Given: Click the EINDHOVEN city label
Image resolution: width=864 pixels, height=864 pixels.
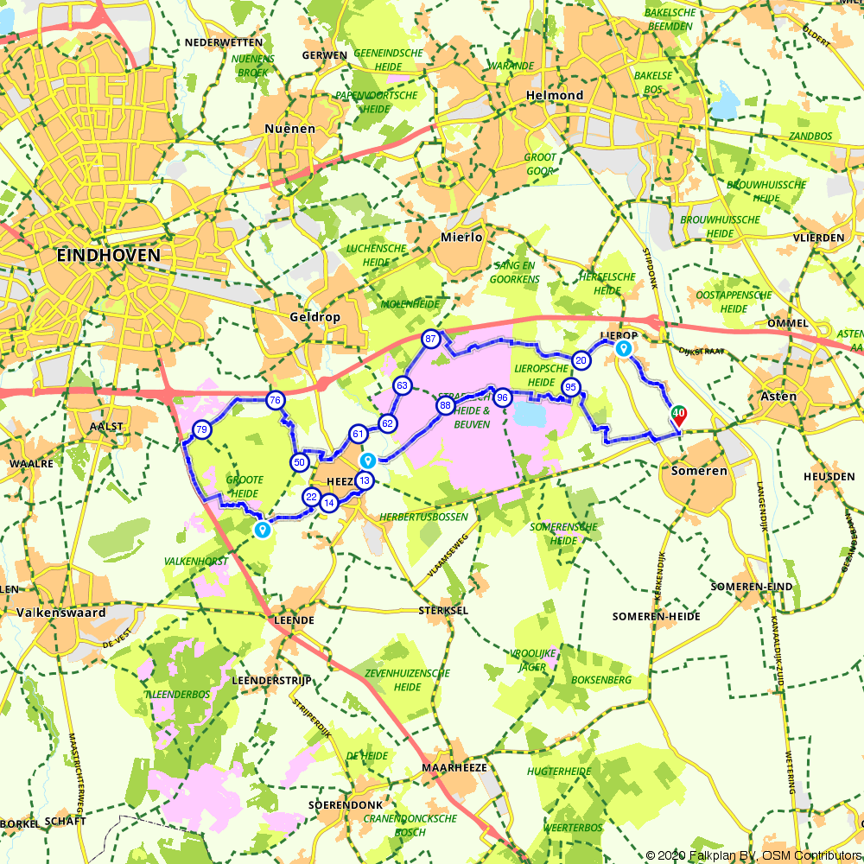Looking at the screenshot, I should click(x=108, y=256).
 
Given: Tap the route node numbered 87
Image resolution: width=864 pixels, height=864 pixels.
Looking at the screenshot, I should click(x=430, y=340).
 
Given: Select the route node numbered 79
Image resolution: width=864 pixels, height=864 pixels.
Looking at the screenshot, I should click(x=201, y=430).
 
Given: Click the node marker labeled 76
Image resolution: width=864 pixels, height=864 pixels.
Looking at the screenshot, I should click(x=275, y=400).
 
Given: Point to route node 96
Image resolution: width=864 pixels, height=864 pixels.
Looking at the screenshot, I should click(x=502, y=397).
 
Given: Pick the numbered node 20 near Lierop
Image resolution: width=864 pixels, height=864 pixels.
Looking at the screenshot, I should click(x=581, y=360).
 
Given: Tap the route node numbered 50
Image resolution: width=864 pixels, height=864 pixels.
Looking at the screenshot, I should click(x=300, y=462).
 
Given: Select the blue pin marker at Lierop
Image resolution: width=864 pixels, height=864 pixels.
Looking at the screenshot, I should click(x=622, y=348).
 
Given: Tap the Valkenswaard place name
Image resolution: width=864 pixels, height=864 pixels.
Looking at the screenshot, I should click(x=60, y=613).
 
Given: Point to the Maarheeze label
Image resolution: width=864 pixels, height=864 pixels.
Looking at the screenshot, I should click(x=455, y=767).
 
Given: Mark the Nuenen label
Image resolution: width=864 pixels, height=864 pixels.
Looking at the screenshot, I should click(x=291, y=128).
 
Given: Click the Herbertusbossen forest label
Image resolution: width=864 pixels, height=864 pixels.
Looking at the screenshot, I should click(x=423, y=517).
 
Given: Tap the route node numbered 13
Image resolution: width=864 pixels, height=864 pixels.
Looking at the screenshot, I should click(x=365, y=481).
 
